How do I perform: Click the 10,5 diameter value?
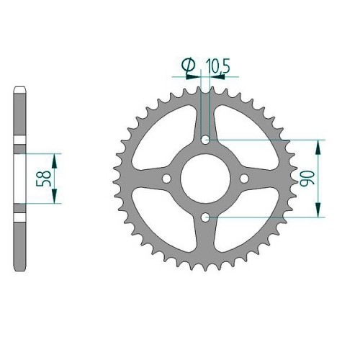tap(217, 66)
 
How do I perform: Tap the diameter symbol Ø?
tap(189, 66)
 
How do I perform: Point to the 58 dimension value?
tap(44, 179)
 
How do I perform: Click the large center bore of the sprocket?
tap(205, 179)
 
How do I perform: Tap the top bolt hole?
tap(205, 140)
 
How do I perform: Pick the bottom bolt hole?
tap(205, 217)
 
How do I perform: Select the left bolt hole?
tap(166, 179)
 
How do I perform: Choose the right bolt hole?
tap(244, 179)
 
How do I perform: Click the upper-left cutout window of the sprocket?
tap(163, 137)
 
